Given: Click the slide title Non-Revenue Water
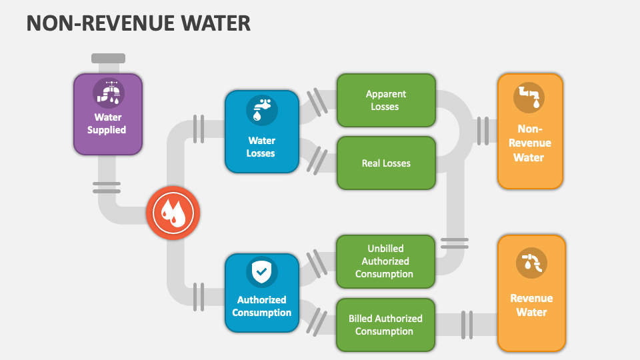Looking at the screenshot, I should [x=139, y=23].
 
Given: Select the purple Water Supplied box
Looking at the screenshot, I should [x=107, y=114].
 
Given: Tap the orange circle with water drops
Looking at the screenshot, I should [x=173, y=213].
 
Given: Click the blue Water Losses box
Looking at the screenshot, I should [x=261, y=132].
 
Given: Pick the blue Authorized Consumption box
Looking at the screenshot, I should [x=261, y=293].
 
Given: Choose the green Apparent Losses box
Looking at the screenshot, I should [x=386, y=101].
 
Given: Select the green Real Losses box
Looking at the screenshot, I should [x=386, y=163].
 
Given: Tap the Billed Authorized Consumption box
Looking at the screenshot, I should [x=385, y=325].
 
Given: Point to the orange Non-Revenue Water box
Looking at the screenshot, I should [x=530, y=131].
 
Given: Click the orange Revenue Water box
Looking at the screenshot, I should [x=531, y=293].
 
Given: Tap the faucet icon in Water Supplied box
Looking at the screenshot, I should [x=108, y=93].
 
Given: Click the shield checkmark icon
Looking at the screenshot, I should [x=261, y=272].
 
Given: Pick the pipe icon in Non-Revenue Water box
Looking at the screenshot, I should [x=529, y=97].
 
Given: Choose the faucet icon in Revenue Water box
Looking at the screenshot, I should [x=531, y=262].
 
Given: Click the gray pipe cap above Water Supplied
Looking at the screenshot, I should [x=107, y=58].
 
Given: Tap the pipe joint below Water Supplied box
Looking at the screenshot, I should [x=107, y=187].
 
